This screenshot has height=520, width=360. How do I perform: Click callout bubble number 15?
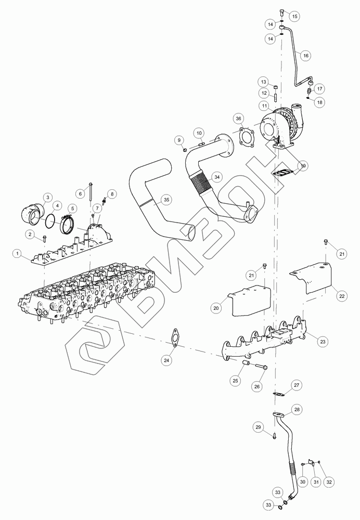pos(294,16)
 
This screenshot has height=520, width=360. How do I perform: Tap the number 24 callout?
pos(166,360)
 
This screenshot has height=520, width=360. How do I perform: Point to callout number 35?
pos(166,200)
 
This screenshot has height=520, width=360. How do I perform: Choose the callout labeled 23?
pos(323,341)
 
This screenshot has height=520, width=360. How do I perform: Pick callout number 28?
pos(297,410)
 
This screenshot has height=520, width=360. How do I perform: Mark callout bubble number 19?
pos(303,165)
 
